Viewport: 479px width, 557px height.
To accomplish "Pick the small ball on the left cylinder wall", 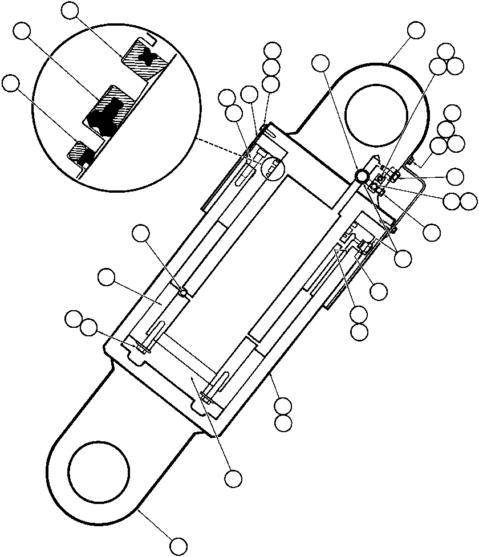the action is pyautogui.click(x=183, y=292).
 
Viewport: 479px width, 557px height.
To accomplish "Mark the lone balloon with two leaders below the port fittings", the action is pyautogui.click(x=403, y=258).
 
